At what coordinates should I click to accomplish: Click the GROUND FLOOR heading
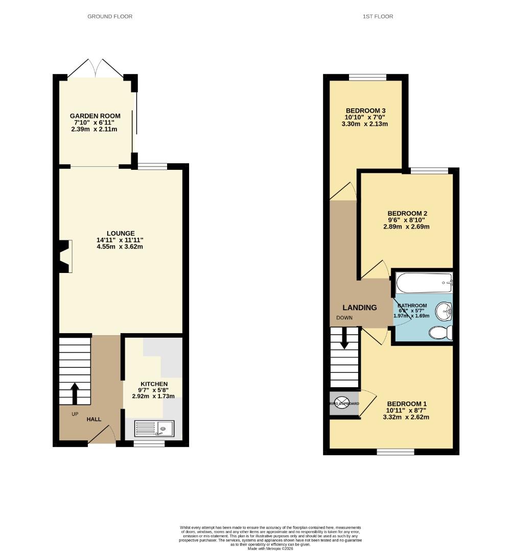tap(110, 16)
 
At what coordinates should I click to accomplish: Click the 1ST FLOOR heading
tap(378, 16)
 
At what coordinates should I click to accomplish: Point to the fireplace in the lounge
tap(65, 256)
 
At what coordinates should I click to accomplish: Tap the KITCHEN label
tap(154, 384)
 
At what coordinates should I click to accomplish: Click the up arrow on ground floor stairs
tap(75, 393)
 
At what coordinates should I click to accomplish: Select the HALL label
tap(94, 419)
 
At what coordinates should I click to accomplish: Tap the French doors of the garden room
tap(97, 68)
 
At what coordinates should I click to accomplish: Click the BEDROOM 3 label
tap(365, 111)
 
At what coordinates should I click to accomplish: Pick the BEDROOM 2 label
tap(407, 213)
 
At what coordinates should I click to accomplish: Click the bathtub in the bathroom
tap(424, 282)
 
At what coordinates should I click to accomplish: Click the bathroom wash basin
tap(444, 310)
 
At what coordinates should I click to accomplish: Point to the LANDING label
tap(359, 308)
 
